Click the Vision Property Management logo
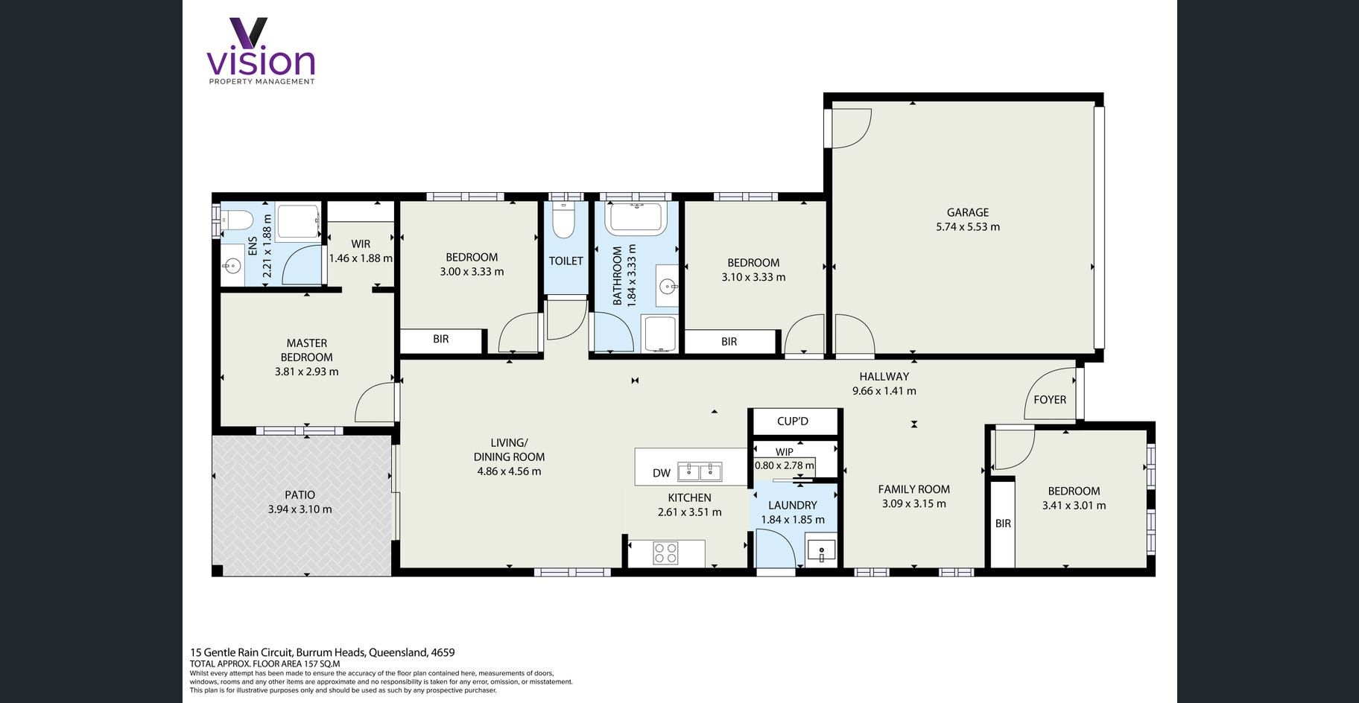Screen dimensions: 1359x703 (x=261, y=51)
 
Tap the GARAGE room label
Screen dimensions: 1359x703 (x=968, y=212)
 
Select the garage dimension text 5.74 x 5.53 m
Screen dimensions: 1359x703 (x=968, y=227)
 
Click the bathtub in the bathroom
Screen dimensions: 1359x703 (x=636, y=217)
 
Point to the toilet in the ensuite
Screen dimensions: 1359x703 (x=237, y=220)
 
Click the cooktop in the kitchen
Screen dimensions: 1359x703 (x=665, y=553)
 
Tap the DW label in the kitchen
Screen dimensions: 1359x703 (x=662, y=473)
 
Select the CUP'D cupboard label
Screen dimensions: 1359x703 (x=793, y=422)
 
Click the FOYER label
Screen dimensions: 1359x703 (x=1050, y=400)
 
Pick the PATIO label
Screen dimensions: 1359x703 (x=300, y=495)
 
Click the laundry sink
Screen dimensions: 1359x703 (x=821, y=552)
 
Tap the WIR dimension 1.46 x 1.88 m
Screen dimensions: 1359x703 (x=361, y=258)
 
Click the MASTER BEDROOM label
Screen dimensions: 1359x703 (x=307, y=350)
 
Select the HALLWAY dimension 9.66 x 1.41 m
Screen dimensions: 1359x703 (x=884, y=391)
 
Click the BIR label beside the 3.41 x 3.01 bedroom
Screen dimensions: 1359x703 (x=1003, y=524)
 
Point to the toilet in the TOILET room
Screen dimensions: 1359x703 (x=563, y=219)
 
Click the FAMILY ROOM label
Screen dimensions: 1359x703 (x=913, y=489)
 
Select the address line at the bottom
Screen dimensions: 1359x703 (x=323, y=652)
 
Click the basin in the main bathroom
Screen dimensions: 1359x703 (x=668, y=285)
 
